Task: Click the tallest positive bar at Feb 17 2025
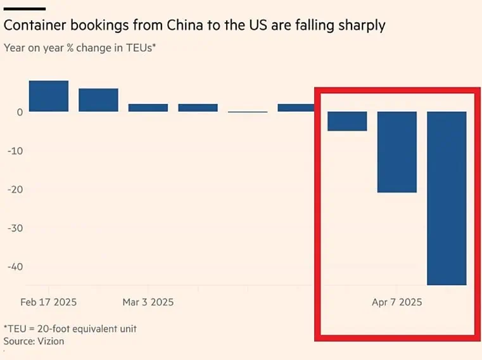[x=48, y=96]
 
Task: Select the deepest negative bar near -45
[x=447, y=198]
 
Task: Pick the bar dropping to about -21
[x=397, y=152]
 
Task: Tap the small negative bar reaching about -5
[x=347, y=121]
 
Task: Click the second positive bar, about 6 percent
[x=98, y=100]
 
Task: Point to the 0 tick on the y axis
[x=20, y=112]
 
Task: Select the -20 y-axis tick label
[x=15, y=190]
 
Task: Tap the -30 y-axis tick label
[x=15, y=228]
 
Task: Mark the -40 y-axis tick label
[x=15, y=267]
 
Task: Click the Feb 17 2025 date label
[x=48, y=302]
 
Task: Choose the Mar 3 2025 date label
[x=148, y=302]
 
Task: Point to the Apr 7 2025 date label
[x=396, y=302]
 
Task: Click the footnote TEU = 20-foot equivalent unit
[x=70, y=328]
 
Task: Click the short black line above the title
[x=24, y=8]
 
